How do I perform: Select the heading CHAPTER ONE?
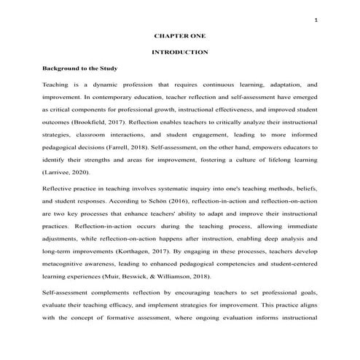pos(179,35)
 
